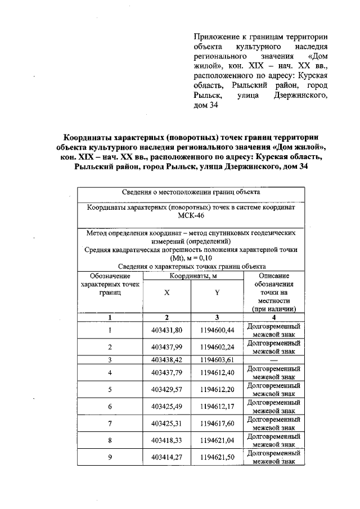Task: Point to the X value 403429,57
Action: click(x=167, y=389)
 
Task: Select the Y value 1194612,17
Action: click(x=217, y=406)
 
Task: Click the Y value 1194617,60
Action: click(x=217, y=423)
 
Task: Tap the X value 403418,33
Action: click(x=167, y=440)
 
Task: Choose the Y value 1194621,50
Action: click(x=217, y=457)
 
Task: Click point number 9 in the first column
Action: click(x=110, y=457)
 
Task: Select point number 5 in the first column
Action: click(x=110, y=389)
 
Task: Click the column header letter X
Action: click(x=166, y=292)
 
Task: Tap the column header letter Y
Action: click(x=217, y=292)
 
